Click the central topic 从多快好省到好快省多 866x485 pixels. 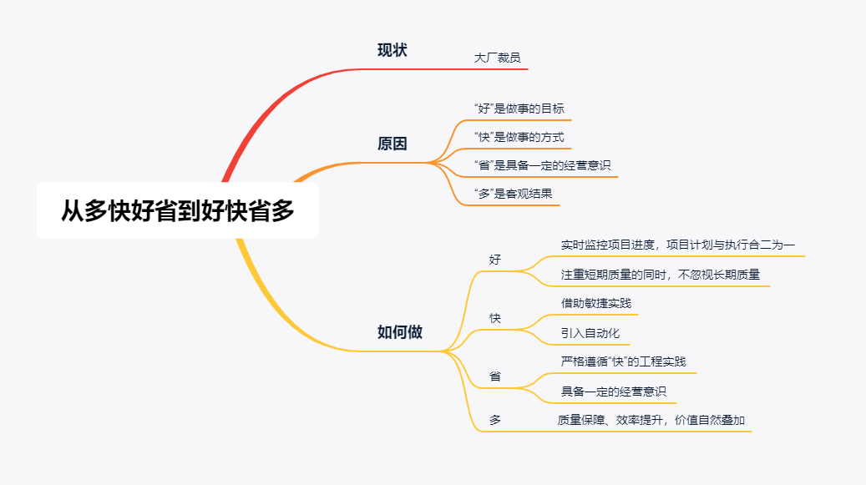(177, 210)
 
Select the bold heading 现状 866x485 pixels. (392, 50)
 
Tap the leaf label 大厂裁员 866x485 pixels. (497, 58)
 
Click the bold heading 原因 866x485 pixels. (392, 144)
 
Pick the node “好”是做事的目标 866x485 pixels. (519, 109)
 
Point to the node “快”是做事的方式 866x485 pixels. (519, 137)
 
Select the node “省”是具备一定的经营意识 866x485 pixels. (542, 165)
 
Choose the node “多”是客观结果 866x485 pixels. (513, 194)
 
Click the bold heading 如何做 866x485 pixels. (400, 332)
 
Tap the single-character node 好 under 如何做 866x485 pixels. (495, 260)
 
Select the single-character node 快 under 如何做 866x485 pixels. (495, 318)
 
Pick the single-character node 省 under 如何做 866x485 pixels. (495, 376)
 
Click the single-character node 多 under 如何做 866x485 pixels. (495, 420)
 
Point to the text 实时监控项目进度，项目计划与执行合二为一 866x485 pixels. (677, 245)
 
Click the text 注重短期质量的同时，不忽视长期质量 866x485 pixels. (661, 275)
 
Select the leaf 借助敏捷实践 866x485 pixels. (596, 304)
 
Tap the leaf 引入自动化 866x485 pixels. (590, 333)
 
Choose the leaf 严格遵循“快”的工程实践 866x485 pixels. (624, 361)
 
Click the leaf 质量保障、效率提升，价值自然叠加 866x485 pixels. (651, 420)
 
